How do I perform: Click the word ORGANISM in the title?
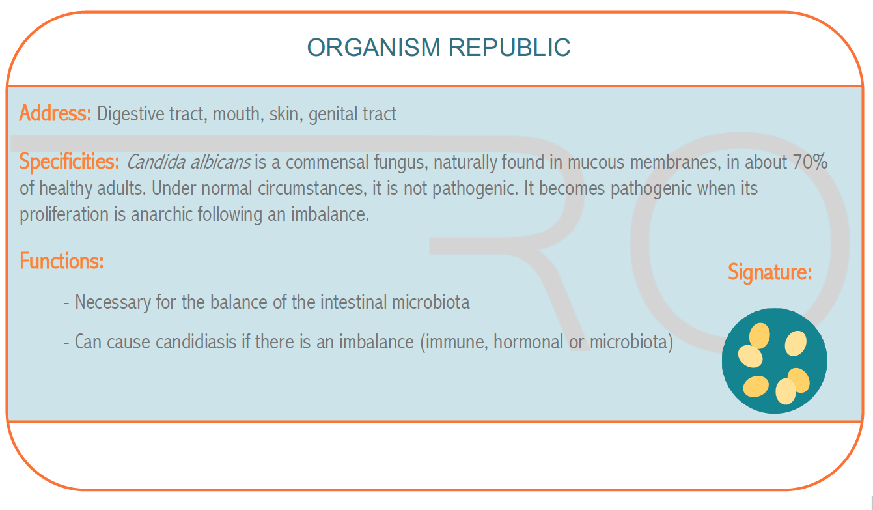pos(374,48)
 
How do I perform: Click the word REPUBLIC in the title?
pos(509,48)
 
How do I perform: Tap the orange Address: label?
pos(55,113)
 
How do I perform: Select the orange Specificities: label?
pos(69,162)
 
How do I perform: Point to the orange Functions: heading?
pos(62,261)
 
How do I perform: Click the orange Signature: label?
pos(769,272)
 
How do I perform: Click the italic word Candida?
pos(156,162)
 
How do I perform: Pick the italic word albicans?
pos(220,162)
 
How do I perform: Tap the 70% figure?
pos(811,162)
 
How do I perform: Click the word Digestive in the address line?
pos(131,114)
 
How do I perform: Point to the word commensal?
pos(327,162)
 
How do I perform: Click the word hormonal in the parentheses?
pos(528,342)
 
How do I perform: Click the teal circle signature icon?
pos(775,361)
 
